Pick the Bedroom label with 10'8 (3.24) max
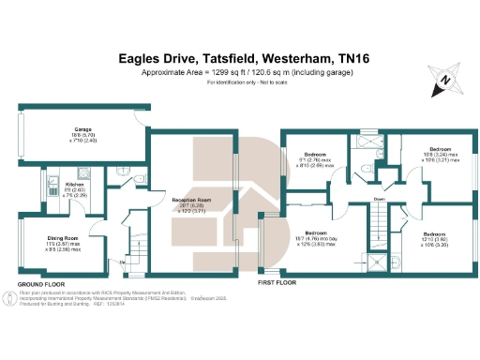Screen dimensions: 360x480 440,149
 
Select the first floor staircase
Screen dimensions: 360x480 379,226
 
